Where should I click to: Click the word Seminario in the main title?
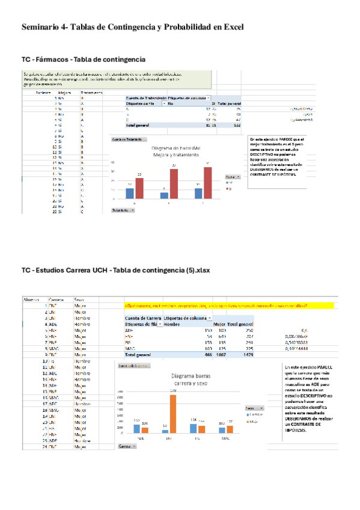point(40,28)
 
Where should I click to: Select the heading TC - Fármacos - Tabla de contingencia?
point(84,60)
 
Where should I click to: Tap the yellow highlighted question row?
point(228,306)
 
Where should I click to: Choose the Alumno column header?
point(31,299)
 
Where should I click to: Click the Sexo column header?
point(79,299)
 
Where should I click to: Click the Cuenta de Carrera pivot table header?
point(143,318)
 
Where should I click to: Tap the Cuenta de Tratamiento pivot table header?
point(145,97)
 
